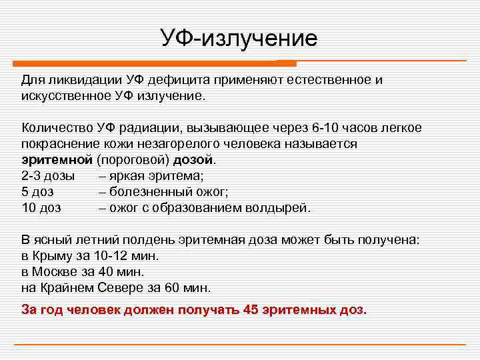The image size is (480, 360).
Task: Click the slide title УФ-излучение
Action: click(239, 38)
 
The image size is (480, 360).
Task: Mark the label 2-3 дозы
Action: click(49, 176)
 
